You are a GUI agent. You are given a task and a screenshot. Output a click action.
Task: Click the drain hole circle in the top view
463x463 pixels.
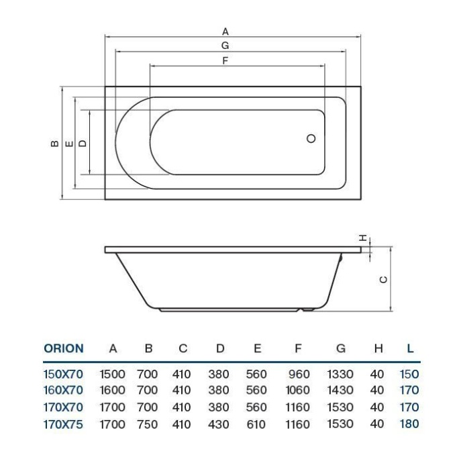[311, 138]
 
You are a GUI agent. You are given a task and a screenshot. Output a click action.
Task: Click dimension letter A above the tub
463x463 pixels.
[225, 31]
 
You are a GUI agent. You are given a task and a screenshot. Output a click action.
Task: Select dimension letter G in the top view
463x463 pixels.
[225, 46]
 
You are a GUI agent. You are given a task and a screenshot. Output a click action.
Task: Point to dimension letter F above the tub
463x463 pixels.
[225, 60]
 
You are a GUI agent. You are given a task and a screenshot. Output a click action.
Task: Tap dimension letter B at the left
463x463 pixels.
[53, 143]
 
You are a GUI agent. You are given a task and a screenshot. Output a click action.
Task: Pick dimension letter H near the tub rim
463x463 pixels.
[362, 238]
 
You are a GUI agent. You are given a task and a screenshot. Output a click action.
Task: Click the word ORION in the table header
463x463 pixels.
[64, 348]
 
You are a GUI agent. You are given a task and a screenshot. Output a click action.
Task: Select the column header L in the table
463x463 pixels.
[410, 348]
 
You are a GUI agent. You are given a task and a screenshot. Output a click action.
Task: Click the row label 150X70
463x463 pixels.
[63, 374]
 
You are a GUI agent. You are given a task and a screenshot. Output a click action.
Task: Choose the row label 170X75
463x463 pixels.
[63, 424]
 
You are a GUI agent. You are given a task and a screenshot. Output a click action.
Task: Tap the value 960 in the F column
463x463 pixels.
[299, 374]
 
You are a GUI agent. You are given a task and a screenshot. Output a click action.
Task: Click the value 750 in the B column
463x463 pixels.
[148, 424]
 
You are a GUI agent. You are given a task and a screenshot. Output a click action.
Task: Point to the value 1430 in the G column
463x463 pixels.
[341, 391]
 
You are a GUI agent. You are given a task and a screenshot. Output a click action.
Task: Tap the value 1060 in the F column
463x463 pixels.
[297, 391]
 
